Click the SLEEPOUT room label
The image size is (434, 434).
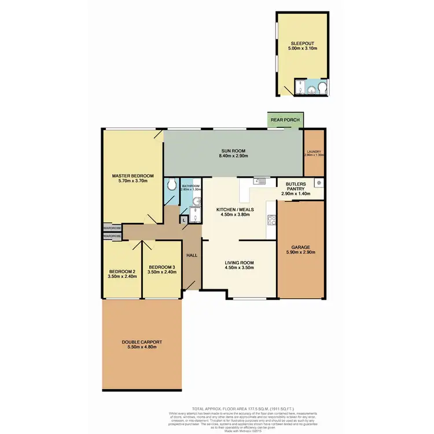click(x=303, y=43)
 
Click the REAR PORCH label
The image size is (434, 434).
click(x=285, y=120)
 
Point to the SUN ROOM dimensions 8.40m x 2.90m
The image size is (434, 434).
click(x=234, y=156)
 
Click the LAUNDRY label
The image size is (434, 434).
click(x=315, y=152)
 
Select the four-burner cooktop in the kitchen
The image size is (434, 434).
click(x=270, y=220)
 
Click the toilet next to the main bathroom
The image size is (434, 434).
click(x=171, y=185)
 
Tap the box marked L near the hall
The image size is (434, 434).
click(x=183, y=220)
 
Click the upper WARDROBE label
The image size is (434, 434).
click(x=112, y=229)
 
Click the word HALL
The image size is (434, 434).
click(x=192, y=256)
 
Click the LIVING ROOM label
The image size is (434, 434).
click(x=239, y=262)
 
